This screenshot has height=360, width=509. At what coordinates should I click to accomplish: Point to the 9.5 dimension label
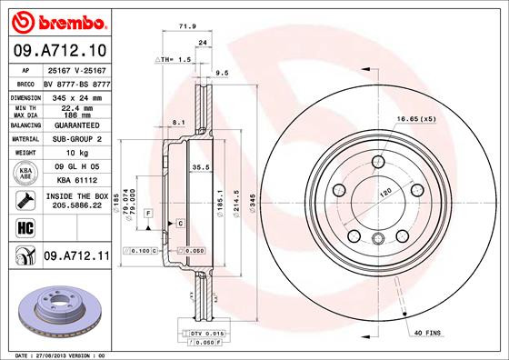point(220,73)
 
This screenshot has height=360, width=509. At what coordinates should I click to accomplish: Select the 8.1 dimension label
point(178,122)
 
